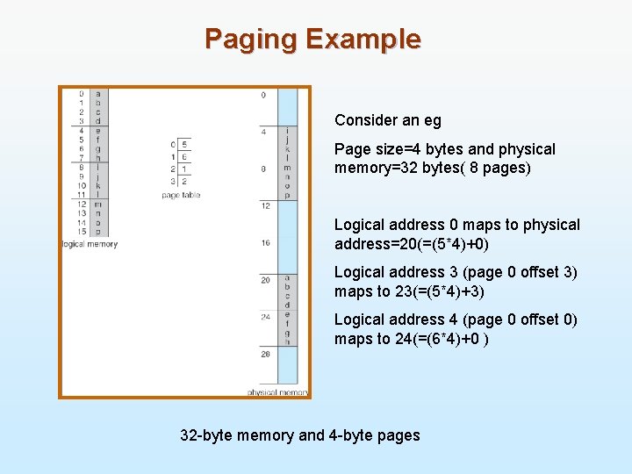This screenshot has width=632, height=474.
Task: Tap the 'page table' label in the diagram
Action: click(x=182, y=195)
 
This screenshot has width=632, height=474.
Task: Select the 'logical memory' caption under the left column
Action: click(x=89, y=243)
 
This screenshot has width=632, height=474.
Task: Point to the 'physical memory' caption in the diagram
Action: click(x=277, y=392)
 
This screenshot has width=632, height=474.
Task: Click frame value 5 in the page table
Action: click(x=184, y=144)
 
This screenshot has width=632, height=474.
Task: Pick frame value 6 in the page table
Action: click(x=184, y=156)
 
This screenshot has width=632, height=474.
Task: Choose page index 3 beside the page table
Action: click(x=174, y=181)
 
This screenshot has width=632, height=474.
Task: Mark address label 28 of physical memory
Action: click(x=265, y=354)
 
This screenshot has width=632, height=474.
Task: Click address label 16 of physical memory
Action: click(x=265, y=242)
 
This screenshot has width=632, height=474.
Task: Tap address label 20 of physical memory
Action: click(x=265, y=280)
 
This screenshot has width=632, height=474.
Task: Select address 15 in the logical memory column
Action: click(x=80, y=231)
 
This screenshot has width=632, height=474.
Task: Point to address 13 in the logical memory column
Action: click(x=80, y=212)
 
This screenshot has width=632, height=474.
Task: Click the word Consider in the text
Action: click(x=364, y=120)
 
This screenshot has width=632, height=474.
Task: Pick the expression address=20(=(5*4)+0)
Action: click(x=413, y=244)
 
